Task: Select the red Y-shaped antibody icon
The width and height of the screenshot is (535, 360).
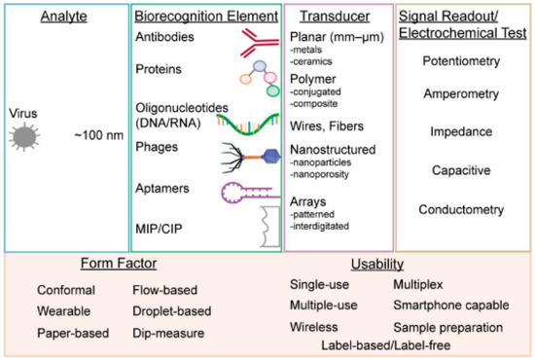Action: [253, 40]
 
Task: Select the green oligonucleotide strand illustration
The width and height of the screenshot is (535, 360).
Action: [239, 121]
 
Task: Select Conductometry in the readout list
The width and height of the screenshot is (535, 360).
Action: [462, 209]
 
